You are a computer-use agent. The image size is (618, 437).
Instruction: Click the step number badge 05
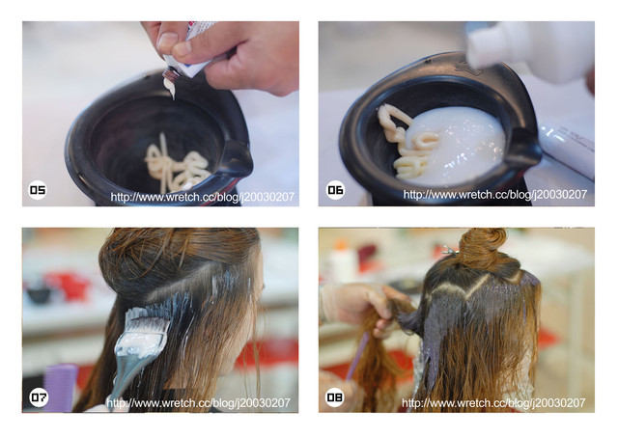38,190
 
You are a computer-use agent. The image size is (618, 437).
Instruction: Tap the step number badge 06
335,190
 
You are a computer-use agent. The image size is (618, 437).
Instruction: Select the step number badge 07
39,397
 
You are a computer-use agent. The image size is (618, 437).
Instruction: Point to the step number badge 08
335,397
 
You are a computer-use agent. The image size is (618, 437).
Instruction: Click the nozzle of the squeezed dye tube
170,75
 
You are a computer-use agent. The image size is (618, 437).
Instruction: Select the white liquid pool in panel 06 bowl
457,146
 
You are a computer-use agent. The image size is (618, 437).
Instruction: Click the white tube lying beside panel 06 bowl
568,150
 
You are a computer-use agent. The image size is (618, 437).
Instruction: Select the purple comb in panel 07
60,388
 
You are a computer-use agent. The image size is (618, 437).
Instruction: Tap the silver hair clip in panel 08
449,249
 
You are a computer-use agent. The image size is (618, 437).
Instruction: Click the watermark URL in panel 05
202,197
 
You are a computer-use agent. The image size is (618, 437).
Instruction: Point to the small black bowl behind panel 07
39,294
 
